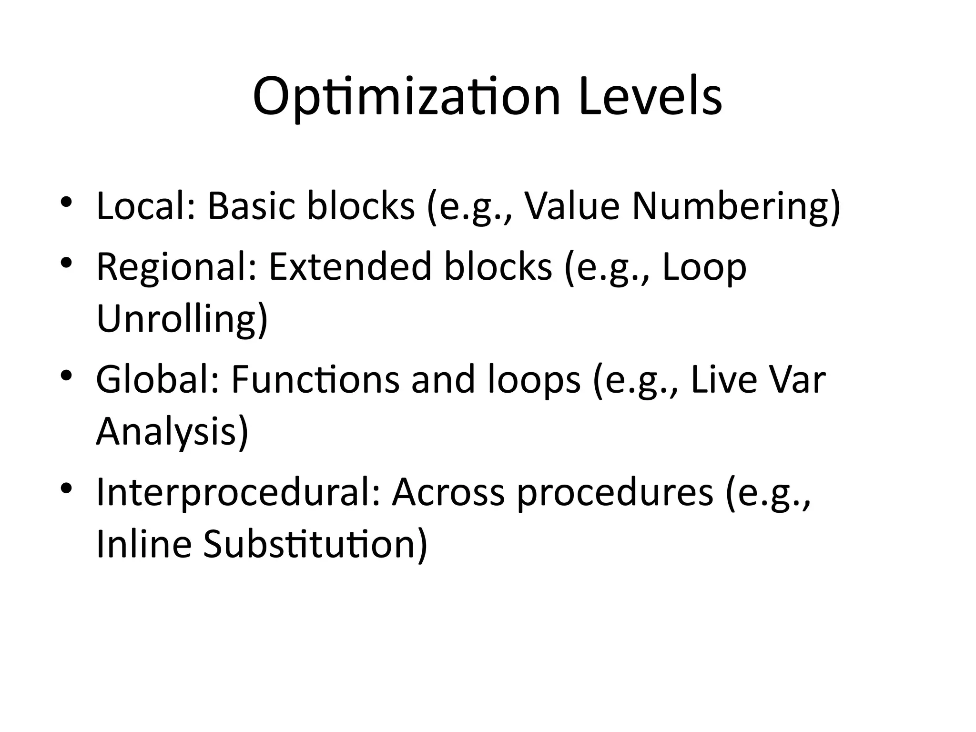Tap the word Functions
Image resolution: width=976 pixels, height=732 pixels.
click(315, 380)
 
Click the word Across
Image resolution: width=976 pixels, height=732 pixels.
click(448, 492)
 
